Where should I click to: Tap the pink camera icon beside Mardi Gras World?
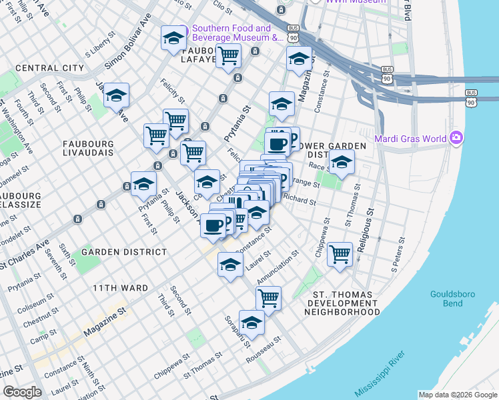tap(456, 138)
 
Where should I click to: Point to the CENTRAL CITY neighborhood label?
tap(49, 68)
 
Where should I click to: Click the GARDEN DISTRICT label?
tap(124, 252)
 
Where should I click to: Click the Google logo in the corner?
tap(22, 392)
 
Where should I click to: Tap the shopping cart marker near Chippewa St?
tap(340, 254)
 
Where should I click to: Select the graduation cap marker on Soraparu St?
tap(252, 323)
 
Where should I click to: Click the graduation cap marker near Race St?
tap(341, 163)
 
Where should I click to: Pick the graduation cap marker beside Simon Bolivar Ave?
tap(116, 96)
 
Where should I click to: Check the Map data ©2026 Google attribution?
tap(457, 395)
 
